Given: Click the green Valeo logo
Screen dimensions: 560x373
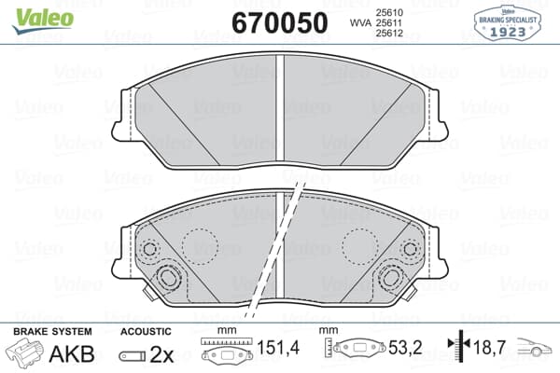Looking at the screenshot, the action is pos(43,21).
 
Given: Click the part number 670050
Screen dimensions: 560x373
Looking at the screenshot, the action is pos(280,22).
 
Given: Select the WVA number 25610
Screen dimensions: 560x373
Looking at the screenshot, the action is pos(389,12).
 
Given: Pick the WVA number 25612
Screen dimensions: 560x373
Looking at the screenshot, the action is pos(389,34).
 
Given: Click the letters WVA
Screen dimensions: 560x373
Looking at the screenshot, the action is pos(361,22).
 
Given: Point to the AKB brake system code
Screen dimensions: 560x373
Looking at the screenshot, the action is pos(72,354).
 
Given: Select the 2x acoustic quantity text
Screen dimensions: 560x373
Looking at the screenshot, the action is pos(161,354).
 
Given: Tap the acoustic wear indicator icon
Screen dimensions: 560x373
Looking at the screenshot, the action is pos(133,356).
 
